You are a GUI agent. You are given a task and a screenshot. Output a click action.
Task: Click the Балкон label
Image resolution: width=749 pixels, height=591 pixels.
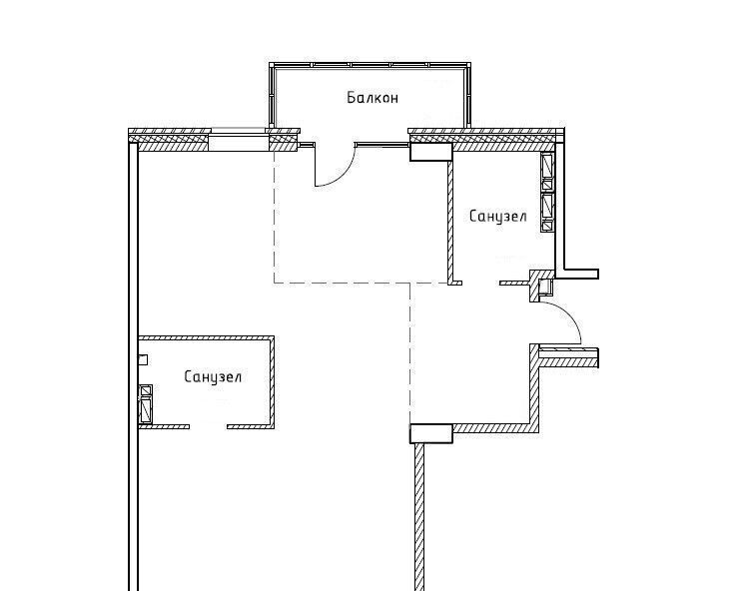[x=373, y=98]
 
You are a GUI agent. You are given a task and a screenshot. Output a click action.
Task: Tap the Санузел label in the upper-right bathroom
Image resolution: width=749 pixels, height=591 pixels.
[x=497, y=217]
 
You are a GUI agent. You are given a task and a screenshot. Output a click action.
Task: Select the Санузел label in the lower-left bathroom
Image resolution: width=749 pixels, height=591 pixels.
[x=213, y=376]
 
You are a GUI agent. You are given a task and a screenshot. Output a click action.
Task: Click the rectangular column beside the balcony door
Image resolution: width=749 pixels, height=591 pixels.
[x=430, y=152]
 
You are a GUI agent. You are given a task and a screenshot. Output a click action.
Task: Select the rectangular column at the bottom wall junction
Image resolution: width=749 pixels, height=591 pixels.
[x=430, y=433]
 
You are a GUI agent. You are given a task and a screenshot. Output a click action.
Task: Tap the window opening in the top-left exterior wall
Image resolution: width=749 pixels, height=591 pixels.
[x=238, y=143]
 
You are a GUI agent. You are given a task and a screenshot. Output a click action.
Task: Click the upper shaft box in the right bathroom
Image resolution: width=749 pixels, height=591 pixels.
[x=547, y=171]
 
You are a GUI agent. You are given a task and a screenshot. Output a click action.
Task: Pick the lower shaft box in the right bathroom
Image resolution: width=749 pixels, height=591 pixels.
[x=547, y=212]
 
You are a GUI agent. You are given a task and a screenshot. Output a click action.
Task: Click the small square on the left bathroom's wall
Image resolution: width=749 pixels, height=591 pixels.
[x=143, y=360]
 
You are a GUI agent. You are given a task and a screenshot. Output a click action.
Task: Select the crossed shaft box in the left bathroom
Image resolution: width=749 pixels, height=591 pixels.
[x=146, y=404]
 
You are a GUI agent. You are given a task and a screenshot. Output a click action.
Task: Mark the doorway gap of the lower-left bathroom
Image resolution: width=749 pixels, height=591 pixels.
[x=208, y=426]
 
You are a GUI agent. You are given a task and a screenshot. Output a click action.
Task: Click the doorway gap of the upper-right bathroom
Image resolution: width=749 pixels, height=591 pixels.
[x=480, y=284]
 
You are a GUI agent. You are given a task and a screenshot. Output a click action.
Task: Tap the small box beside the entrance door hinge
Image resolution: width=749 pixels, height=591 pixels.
[x=544, y=287]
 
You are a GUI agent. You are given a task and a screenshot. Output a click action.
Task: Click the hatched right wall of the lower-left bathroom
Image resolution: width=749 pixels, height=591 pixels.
[x=272, y=382]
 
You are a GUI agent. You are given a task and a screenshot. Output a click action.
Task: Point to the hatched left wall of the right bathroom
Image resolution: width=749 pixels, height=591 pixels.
[x=450, y=222]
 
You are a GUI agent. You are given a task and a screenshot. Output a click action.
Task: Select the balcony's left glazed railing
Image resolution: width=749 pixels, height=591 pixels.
[x=272, y=96]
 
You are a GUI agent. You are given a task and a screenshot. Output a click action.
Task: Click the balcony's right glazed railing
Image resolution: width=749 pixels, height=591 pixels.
[x=466, y=96]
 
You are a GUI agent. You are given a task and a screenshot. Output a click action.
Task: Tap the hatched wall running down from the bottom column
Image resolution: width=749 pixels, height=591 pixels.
[x=419, y=517]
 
